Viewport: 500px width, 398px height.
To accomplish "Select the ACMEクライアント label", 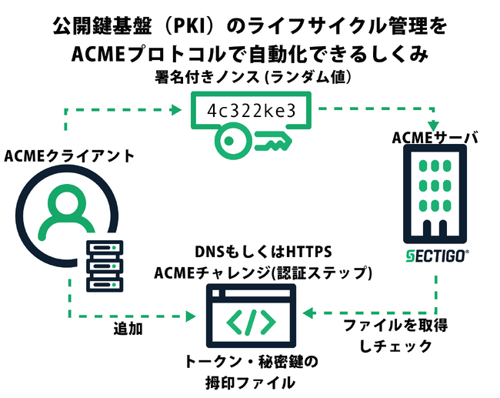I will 68,156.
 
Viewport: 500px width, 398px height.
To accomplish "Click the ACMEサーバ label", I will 435,138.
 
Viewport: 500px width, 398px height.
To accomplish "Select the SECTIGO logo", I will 435,255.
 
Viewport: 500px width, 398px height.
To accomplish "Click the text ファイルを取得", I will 395,326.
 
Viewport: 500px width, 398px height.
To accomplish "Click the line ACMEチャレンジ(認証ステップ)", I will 264,273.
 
